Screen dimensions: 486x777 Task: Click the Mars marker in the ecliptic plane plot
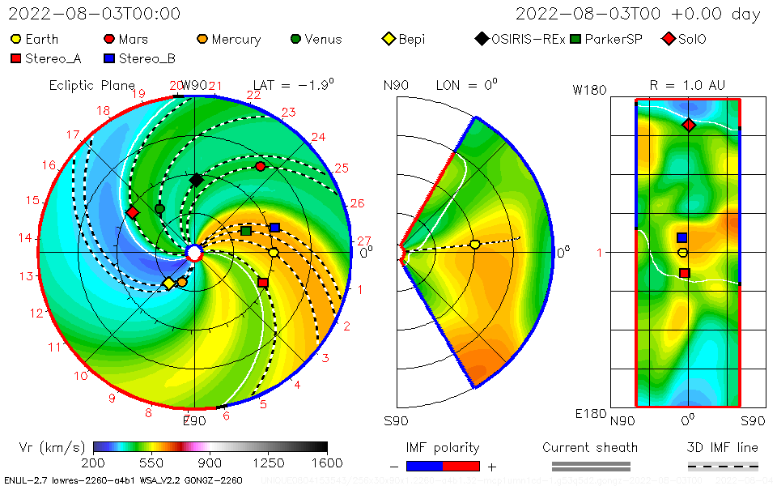pos(260,166)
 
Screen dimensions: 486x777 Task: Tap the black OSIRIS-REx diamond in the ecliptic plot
pos(196,180)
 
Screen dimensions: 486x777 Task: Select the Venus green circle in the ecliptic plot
pos(159,209)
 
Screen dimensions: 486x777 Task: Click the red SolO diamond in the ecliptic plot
pos(133,212)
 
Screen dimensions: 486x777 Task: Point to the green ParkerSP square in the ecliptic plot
pos(246,232)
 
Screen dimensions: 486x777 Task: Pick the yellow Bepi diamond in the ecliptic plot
pos(168,283)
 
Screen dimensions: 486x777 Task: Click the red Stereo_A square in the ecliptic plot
pos(263,283)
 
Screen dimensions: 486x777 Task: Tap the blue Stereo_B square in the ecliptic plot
pos(274,228)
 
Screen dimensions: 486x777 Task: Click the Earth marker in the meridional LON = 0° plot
pos(475,245)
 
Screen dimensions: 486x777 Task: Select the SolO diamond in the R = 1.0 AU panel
pos(689,125)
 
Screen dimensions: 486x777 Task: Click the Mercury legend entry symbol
pos(203,39)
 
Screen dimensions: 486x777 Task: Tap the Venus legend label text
pos(323,39)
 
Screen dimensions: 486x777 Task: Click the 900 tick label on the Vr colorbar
pos(210,463)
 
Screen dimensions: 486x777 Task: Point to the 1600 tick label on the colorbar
pos(327,463)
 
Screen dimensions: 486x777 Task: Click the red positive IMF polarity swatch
pos(461,466)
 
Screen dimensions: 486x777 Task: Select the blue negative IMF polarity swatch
pos(423,466)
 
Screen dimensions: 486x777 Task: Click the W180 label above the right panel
pos(589,90)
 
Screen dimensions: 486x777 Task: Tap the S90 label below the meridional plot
pos(396,421)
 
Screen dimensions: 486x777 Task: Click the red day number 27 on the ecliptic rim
pos(364,241)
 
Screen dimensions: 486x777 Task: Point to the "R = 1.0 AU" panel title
pos(687,85)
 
